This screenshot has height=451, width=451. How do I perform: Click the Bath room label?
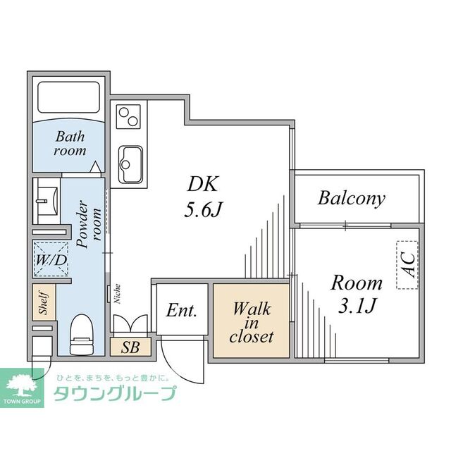click(70, 143)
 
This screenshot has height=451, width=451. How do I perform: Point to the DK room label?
click(204, 184)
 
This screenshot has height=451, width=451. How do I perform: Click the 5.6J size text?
click(204, 209)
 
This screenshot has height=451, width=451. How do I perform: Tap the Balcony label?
click(352, 198)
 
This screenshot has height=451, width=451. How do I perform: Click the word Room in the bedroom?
click(357, 283)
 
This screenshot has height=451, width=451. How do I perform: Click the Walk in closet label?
click(252, 323)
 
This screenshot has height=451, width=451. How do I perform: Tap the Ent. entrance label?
click(181, 311)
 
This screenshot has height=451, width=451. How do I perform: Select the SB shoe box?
click(130, 347)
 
